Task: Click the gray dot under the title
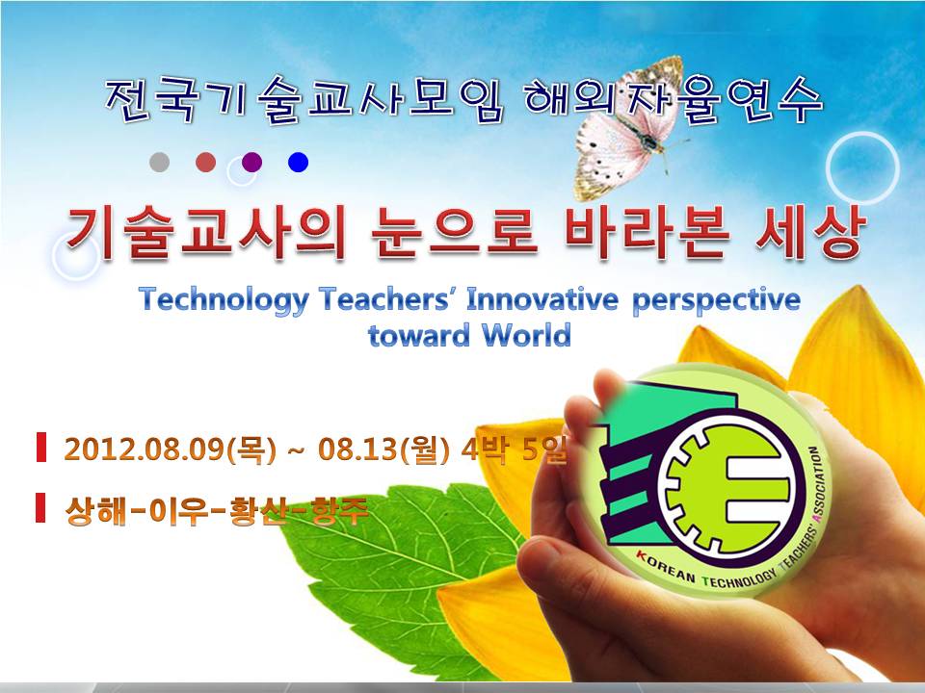159,162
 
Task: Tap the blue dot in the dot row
298,162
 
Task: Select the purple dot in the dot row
251,162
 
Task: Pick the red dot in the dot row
206,162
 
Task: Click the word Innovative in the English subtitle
542,299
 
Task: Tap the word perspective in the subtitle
716,300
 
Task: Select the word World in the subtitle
526,335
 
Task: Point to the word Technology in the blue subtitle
225,300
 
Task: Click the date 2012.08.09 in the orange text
145,449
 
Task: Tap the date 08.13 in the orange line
358,449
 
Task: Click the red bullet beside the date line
40,447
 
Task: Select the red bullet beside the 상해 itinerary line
40,507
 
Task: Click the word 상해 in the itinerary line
95,511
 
